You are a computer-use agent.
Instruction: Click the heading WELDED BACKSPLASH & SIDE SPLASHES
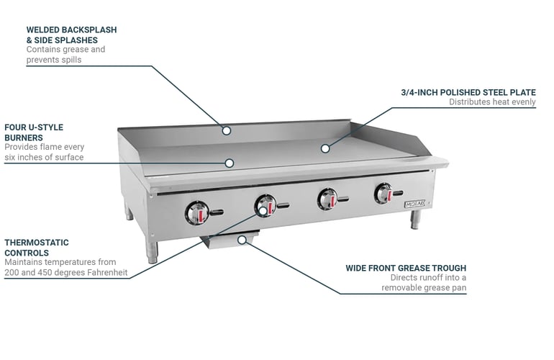coord(71,35)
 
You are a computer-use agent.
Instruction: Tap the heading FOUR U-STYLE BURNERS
coord(34,132)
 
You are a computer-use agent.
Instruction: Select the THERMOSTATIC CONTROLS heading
coord(37,248)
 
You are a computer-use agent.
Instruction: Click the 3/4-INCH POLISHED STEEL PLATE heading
coord(468,92)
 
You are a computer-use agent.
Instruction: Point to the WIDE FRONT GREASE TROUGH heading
coord(406,268)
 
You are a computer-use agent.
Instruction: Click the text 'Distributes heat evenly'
coord(492,102)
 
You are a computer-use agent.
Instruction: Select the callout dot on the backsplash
coord(227,130)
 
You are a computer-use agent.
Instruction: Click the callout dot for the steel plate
coord(325,148)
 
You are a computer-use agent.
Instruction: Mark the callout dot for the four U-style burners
coord(230,163)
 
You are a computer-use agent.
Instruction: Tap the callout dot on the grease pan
coord(242,240)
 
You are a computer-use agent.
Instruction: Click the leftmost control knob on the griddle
coord(197,213)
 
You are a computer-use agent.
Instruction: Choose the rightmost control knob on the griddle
coord(383,194)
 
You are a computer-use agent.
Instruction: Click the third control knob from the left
coord(327,199)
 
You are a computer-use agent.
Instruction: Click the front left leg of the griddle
coord(152,251)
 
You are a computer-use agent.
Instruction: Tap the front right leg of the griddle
coord(415,220)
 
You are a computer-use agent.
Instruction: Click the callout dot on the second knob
coord(263,211)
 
